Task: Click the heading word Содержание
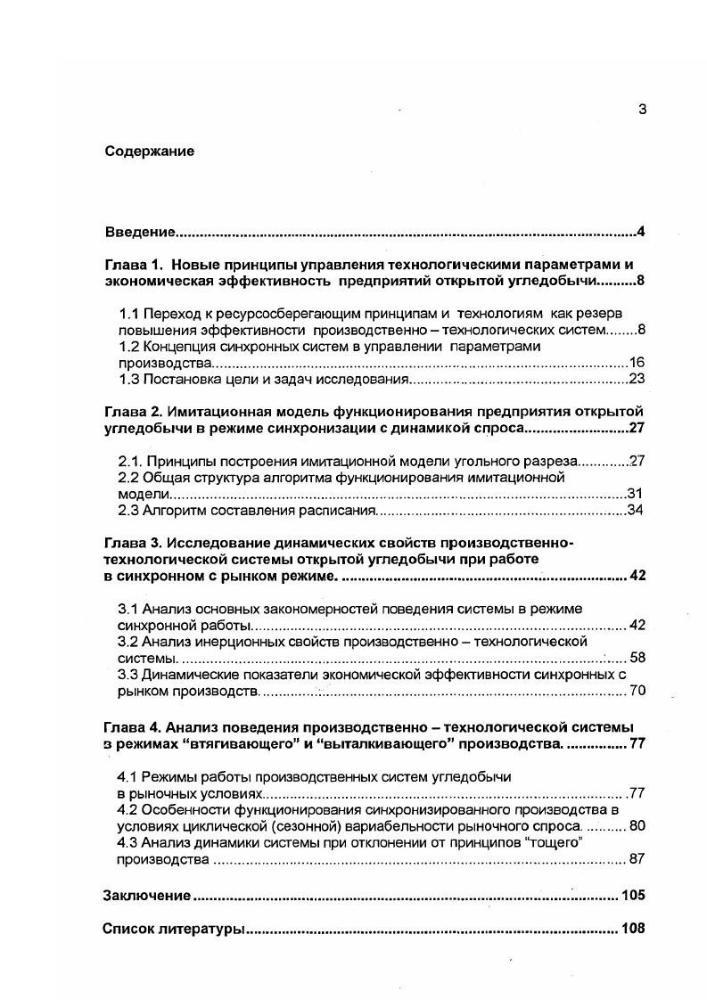click(149, 152)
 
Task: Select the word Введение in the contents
click(139, 233)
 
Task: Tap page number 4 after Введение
click(640, 233)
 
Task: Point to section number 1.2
click(129, 346)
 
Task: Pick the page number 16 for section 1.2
click(636, 363)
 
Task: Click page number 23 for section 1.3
click(636, 380)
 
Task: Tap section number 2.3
click(129, 511)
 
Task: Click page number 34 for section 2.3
click(636, 511)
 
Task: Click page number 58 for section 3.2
click(637, 658)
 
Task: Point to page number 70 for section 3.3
click(637, 691)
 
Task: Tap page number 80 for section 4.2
click(637, 826)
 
